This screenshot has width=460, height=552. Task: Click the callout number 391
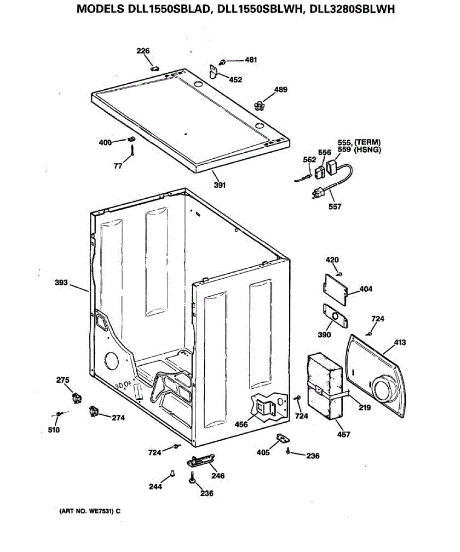click(220, 185)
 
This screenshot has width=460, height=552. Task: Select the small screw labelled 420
click(339, 273)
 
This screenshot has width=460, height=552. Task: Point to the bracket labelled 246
click(201, 460)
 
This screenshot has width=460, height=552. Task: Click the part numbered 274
click(94, 411)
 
